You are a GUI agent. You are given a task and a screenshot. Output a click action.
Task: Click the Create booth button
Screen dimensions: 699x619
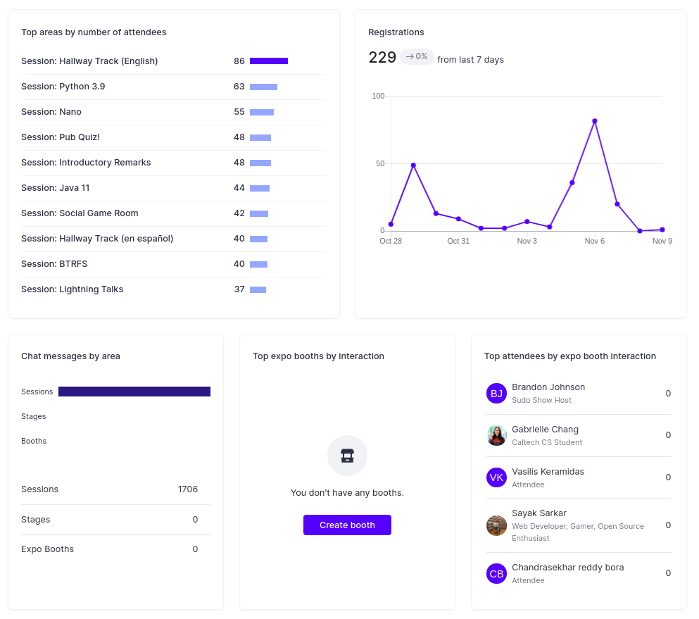pyautogui.click(x=347, y=525)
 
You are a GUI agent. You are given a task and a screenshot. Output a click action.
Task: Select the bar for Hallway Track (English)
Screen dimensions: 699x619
pyautogui.click(x=269, y=61)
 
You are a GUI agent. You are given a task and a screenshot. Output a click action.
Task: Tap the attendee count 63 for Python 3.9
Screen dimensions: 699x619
pyautogui.click(x=239, y=87)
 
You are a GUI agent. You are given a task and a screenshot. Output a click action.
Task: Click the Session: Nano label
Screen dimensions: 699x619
pyautogui.click(x=51, y=112)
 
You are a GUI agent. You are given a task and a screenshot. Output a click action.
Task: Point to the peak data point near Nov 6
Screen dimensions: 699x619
pyautogui.click(x=595, y=121)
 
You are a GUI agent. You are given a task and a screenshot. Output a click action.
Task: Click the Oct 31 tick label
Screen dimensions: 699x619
pyautogui.click(x=458, y=241)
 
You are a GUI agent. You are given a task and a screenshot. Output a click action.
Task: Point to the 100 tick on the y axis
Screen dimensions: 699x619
pyautogui.click(x=378, y=96)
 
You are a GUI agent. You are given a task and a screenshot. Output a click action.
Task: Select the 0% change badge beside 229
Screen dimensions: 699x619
pyautogui.click(x=417, y=56)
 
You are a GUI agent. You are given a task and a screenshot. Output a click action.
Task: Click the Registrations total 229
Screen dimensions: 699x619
pyautogui.click(x=382, y=58)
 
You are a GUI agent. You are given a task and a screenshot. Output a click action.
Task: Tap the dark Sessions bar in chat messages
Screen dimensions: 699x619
pyautogui.click(x=134, y=392)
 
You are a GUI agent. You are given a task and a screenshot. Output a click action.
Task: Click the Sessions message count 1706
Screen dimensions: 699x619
pyautogui.click(x=188, y=489)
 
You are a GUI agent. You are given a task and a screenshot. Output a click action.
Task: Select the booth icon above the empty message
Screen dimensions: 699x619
pyautogui.click(x=347, y=456)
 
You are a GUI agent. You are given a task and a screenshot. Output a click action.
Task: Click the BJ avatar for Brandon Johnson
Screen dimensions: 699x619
pyautogui.click(x=496, y=394)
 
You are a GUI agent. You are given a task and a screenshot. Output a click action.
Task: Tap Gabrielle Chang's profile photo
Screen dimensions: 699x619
pyautogui.click(x=496, y=435)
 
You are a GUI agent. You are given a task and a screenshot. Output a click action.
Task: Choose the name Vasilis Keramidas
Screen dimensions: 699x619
pyautogui.click(x=548, y=472)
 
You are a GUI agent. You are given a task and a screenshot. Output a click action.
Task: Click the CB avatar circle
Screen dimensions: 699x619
pyautogui.click(x=496, y=573)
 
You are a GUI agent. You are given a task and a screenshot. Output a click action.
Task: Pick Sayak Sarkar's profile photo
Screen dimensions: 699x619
pyautogui.click(x=496, y=525)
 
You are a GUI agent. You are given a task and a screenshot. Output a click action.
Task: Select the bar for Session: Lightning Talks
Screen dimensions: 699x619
pyautogui.click(x=258, y=290)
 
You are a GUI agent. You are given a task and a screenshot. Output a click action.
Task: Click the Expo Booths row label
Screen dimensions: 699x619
pyautogui.click(x=47, y=549)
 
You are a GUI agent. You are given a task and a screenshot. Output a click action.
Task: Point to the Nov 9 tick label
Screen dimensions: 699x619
pyautogui.click(x=662, y=241)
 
